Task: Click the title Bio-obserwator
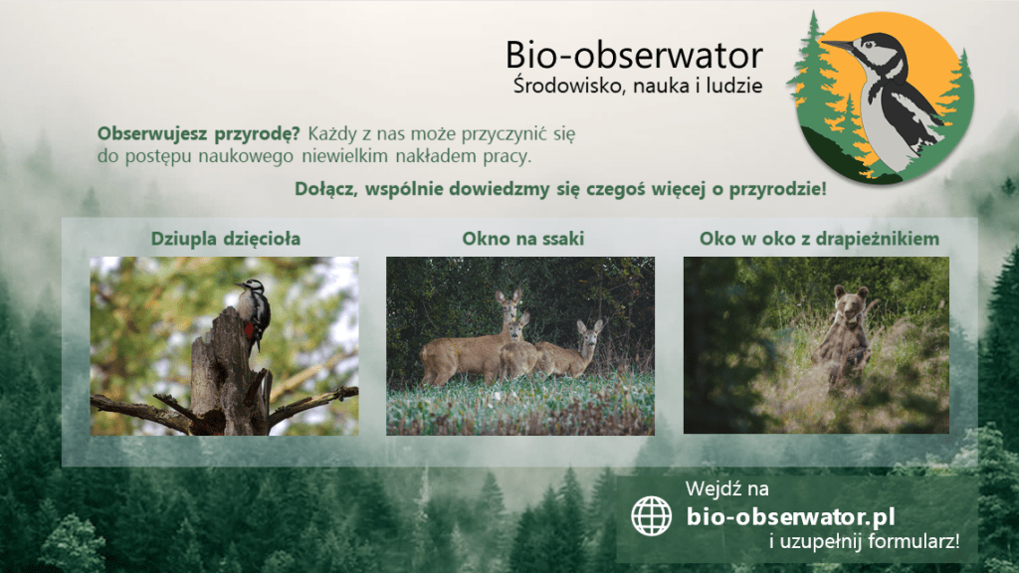tap(634, 55)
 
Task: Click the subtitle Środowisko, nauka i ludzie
tap(638, 86)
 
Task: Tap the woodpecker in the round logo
tap(892, 97)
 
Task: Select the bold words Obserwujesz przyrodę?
tap(198, 134)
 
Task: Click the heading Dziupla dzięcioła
tap(226, 239)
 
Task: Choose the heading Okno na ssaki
tap(523, 239)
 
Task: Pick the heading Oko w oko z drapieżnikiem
tap(819, 239)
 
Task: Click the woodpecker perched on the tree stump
tap(254, 311)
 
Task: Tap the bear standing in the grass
tap(845, 334)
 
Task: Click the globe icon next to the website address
tap(651, 516)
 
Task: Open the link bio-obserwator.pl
tap(790, 517)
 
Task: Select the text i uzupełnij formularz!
tap(865, 541)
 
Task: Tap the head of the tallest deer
tap(509, 301)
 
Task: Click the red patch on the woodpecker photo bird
tap(248, 329)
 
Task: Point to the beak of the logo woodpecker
tap(838, 46)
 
